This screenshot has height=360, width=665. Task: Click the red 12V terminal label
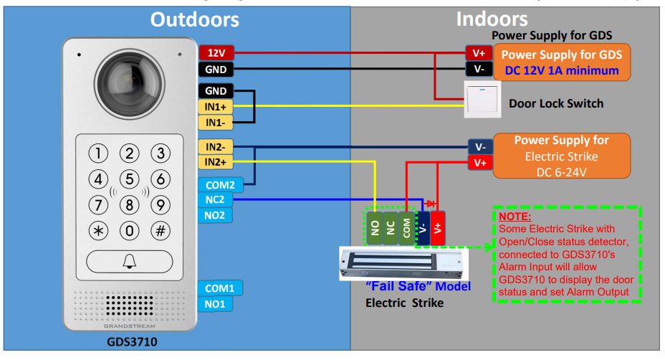click(216, 52)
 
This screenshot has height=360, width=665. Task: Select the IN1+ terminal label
click(216, 107)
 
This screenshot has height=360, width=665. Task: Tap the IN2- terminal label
click(216, 147)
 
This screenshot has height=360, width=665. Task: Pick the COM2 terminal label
click(221, 185)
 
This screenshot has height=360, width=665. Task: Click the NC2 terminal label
click(215, 199)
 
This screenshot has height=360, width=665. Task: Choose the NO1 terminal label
click(215, 304)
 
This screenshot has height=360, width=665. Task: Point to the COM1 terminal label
click(220, 288)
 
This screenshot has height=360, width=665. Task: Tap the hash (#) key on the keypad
click(161, 231)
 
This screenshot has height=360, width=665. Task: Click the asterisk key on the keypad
click(98, 231)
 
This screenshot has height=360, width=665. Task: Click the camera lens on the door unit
click(130, 84)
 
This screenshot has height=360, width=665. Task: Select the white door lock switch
click(482, 100)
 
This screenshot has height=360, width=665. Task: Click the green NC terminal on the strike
click(391, 228)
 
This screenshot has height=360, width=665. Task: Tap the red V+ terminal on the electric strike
click(438, 228)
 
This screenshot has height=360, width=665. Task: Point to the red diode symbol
click(430, 204)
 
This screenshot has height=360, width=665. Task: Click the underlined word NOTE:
click(515, 217)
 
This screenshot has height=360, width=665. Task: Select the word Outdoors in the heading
click(195, 19)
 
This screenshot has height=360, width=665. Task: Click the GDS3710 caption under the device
click(132, 342)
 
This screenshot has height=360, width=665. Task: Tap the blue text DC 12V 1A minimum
click(562, 70)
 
